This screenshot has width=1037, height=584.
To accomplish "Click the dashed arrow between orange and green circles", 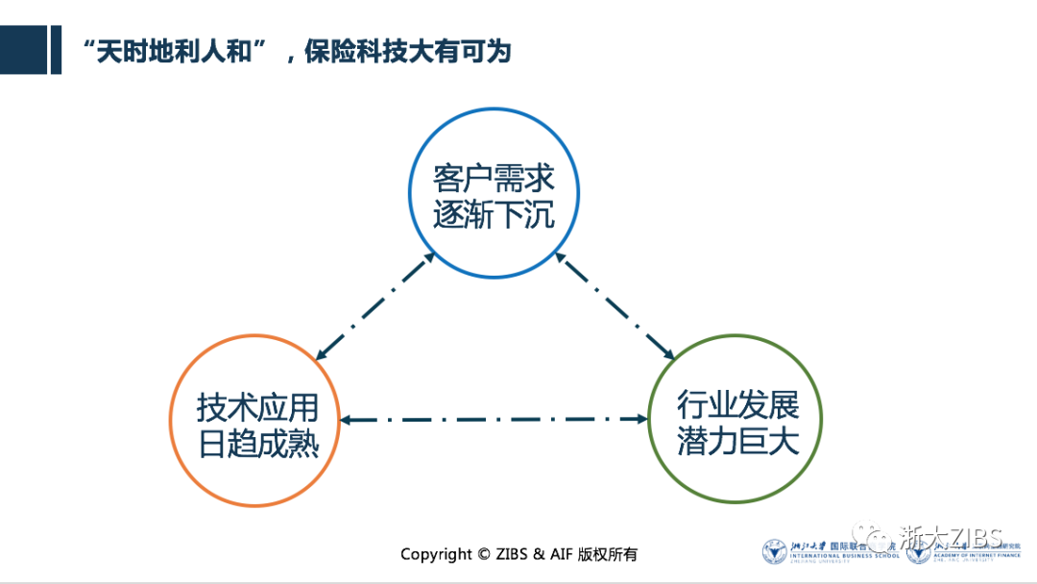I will [495, 420].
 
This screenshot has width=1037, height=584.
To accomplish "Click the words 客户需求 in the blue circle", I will [494, 180].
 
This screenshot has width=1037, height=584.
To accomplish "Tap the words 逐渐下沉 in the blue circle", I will [494, 215].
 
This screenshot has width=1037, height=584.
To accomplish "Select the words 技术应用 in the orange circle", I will [256, 408].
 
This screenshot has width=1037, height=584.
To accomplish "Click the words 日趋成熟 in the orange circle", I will [256, 444].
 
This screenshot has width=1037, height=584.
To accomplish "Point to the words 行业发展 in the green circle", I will [736, 406].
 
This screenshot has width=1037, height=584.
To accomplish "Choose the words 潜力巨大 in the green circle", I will [736, 443].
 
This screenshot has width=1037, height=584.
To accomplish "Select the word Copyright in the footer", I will [436, 554].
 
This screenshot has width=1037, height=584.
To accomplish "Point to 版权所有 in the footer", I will [608, 554].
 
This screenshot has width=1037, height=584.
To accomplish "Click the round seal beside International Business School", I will [774, 552].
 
